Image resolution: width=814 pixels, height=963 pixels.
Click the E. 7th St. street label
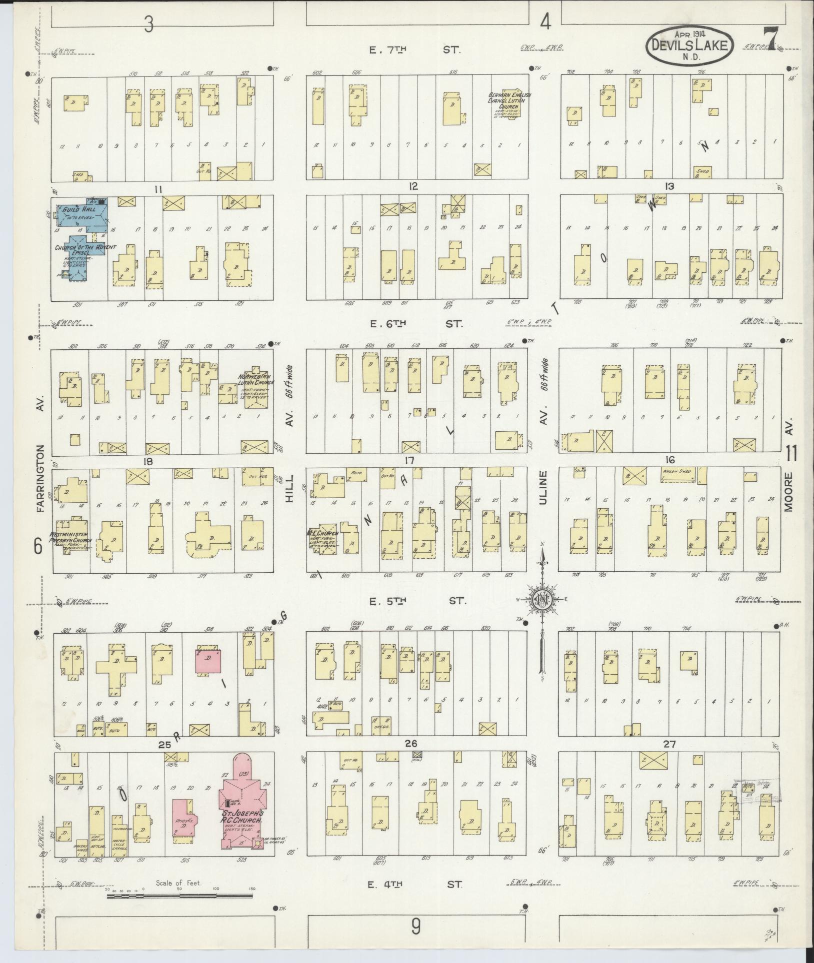tap(416, 49)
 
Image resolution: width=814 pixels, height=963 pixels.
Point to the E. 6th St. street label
tap(416, 324)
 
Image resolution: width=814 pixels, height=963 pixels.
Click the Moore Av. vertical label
tap(789, 479)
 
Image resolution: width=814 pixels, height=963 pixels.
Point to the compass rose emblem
tap(541, 600)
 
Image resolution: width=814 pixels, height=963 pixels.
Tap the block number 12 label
tap(413, 186)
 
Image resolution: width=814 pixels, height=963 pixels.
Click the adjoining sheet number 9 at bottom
tap(416, 927)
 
